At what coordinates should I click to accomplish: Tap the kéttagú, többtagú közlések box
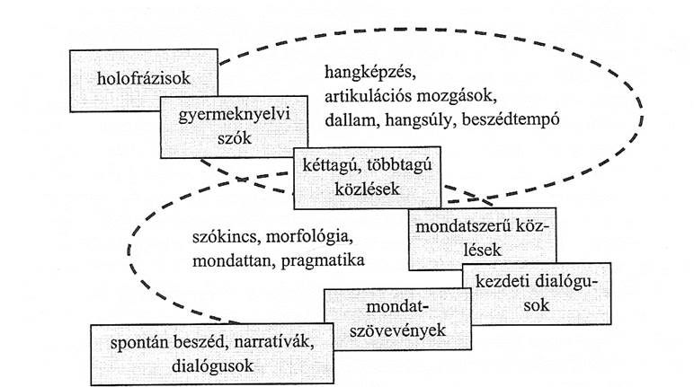coord(366,178)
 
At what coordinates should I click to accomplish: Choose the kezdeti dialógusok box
coord(537,294)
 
